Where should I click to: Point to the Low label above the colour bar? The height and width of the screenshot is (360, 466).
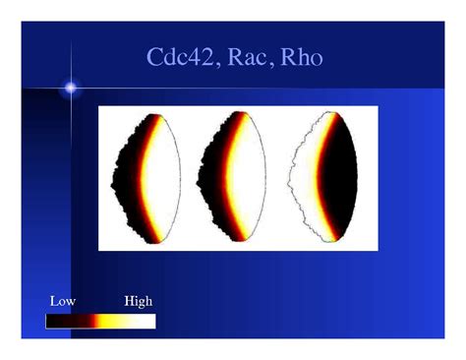pos(62,301)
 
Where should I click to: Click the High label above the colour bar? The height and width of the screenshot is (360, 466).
pos(138,301)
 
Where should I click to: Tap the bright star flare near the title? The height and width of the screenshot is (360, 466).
pos(71,89)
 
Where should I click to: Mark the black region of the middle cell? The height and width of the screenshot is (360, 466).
pos(210,182)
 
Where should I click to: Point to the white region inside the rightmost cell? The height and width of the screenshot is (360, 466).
pos(300,182)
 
